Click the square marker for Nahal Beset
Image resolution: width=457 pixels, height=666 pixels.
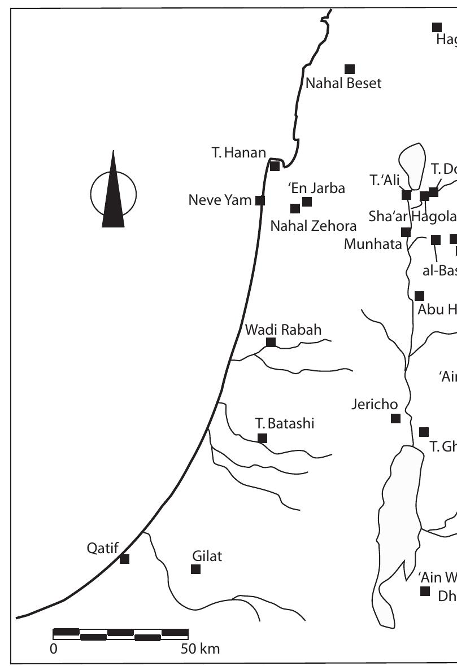click(x=350, y=69)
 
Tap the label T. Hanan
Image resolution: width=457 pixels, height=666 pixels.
click(x=238, y=153)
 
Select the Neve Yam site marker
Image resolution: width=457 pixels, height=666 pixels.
click(x=260, y=200)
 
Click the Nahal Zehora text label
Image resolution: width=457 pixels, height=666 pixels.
click(x=314, y=226)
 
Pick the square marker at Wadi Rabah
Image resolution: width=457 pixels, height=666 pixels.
click(x=271, y=342)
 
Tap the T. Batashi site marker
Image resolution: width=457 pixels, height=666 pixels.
click(x=262, y=438)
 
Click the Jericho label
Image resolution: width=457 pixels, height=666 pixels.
click(x=375, y=404)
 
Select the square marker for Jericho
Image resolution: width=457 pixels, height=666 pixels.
click(x=396, y=418)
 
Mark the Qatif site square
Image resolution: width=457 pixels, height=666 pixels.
click(x=125, y=559)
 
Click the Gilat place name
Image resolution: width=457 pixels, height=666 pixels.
click(x=207, y=556)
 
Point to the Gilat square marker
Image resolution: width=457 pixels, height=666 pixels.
click(x=196, y=569)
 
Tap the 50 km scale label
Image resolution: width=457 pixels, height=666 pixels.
click(x=201, y=649)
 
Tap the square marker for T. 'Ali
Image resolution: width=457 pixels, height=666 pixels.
click(x=406, y=195)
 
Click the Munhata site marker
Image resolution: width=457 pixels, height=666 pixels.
click(x=406, y=232)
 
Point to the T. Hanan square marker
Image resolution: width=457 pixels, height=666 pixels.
click(x=275, y=166)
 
